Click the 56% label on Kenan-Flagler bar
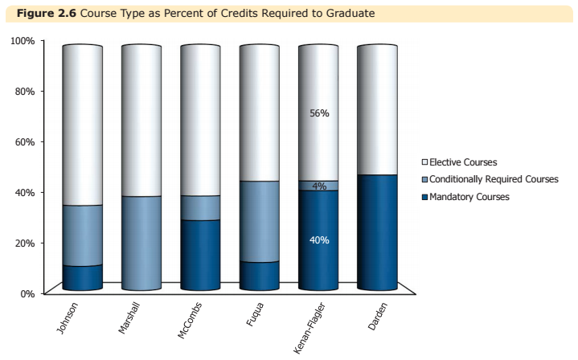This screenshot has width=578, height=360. click(x=319, y=113)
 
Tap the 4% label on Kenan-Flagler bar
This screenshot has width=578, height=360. click(x=319, y=186)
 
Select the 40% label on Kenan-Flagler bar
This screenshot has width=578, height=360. click(x=319, y=239)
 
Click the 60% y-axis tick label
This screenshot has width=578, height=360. click(x=25, y=142)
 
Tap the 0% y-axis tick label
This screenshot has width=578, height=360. click(x=27, y=293)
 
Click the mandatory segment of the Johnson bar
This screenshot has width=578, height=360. click(x=83, y=277)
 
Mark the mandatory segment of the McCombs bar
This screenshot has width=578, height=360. click(x=200, y=255)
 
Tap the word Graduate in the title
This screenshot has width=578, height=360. click(x=351, y=14)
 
